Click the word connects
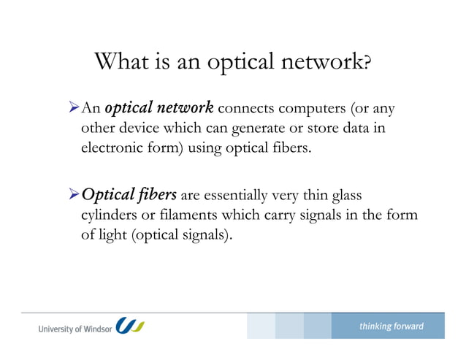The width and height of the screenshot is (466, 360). click(245, 110)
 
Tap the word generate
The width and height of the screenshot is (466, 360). click(243, 130)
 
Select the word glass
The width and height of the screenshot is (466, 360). click(345, 195)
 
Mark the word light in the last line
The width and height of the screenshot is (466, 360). click(111, 236)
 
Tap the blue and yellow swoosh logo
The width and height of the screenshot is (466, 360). click(131, 326)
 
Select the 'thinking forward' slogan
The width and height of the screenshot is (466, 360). click(391, 326)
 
